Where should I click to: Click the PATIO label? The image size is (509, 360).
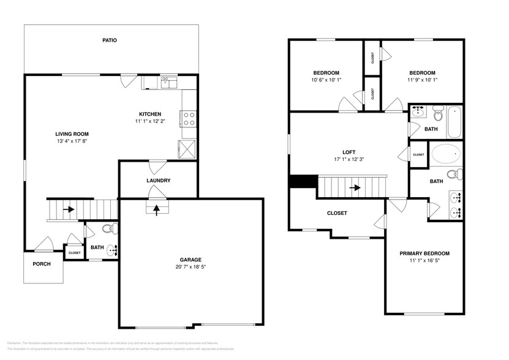point(110,40)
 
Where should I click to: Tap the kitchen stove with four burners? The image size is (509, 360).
point(189,118)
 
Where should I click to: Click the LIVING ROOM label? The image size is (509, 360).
point(72,133)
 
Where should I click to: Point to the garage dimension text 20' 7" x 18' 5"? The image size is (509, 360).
point(190,267)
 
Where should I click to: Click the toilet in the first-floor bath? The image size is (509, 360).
point(107,229)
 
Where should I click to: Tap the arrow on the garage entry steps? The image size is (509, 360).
point(156,209)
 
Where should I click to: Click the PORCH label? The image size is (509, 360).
point(42,264)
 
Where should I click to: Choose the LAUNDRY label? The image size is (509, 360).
point(158,181)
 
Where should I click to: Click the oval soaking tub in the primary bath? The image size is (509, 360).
point(445,152)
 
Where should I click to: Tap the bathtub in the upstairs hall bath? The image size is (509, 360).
point(454,122)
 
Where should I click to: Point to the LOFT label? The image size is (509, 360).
point(349,152)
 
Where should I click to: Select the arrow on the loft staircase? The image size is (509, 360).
point(353,187)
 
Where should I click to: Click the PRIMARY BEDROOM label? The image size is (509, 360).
point(424,253)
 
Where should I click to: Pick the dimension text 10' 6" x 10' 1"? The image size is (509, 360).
point(326,80)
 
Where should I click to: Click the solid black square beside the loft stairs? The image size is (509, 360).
point(303,182)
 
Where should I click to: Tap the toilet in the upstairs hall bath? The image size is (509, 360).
point(437,114)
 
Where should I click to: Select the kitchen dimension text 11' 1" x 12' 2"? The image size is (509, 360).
point(149,122)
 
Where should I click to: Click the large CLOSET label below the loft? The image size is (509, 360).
point(336,213)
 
